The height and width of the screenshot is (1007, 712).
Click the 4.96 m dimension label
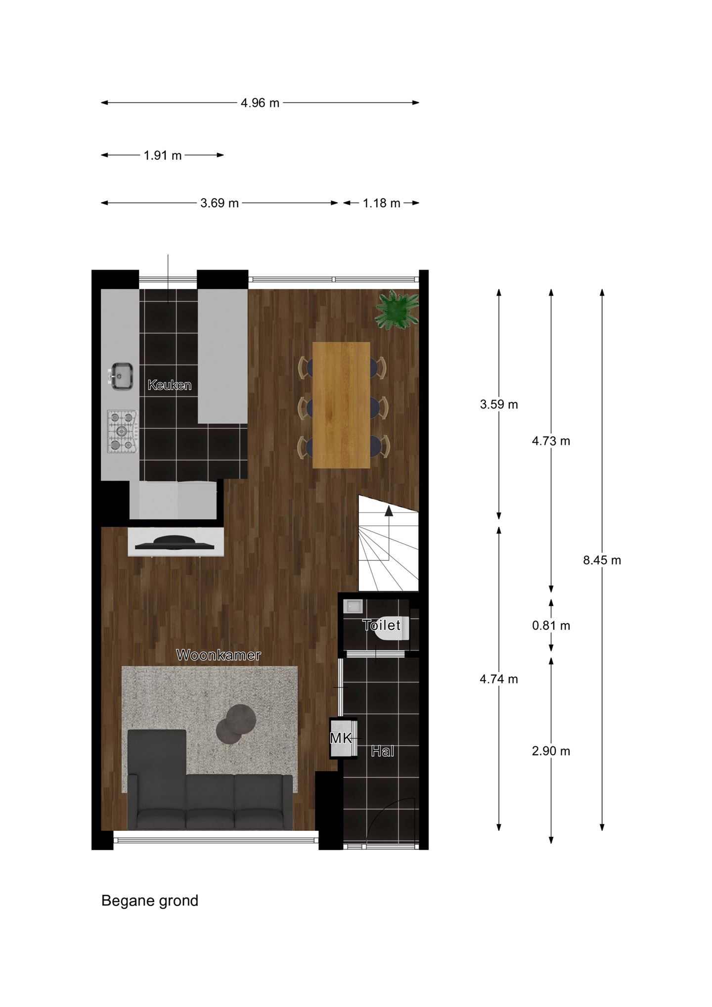[x=260, y=103]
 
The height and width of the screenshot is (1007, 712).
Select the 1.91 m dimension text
[x=163, y=155]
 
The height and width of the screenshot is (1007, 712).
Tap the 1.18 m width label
[x=381, y=203]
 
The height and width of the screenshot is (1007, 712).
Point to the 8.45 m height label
[x=602, y=560]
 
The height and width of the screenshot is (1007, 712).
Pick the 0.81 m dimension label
[x=551, y=626]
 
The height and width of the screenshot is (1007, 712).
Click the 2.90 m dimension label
[x=551, y=751]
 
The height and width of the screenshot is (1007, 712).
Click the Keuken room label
[x=170, y=385]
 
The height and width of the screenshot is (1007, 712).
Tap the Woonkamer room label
[x=219, y=655]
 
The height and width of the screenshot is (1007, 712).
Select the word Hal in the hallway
[x=383, y=752]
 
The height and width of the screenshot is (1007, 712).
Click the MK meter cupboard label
[x=341, y=738]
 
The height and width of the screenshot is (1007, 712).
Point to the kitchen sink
[x=121, y=376]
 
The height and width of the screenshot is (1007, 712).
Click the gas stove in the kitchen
[x=122, y=431]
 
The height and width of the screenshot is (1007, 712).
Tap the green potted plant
[x=397, y=311]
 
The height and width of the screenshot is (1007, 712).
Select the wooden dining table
[x=341, y=405]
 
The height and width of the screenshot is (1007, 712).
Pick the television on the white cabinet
[x=175, y=543]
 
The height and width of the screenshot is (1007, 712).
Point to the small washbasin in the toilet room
[x=354, y=606]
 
